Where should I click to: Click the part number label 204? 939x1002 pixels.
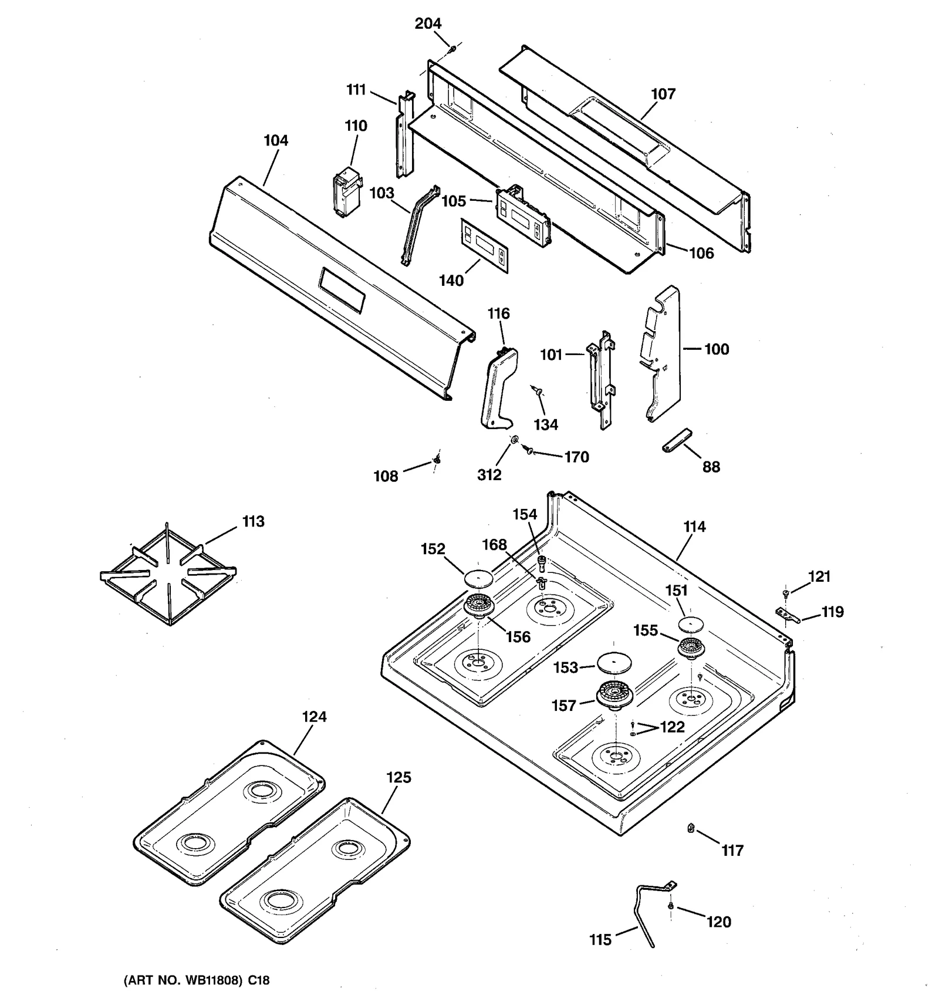click(428, 23)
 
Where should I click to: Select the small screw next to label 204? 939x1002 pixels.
click(452, 50)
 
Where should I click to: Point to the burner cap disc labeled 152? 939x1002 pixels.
click(477, 578)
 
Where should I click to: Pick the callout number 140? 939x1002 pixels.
click(451, 281)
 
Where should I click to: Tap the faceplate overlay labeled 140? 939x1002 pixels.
click(484, 245)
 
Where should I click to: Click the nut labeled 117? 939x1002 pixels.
click(691, 828)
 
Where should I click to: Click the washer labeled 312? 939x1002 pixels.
click(514, 439)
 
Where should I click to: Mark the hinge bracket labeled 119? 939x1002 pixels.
click(787, 615)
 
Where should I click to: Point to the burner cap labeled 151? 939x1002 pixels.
click(691, 623)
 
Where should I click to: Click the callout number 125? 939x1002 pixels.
click(398, 777)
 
